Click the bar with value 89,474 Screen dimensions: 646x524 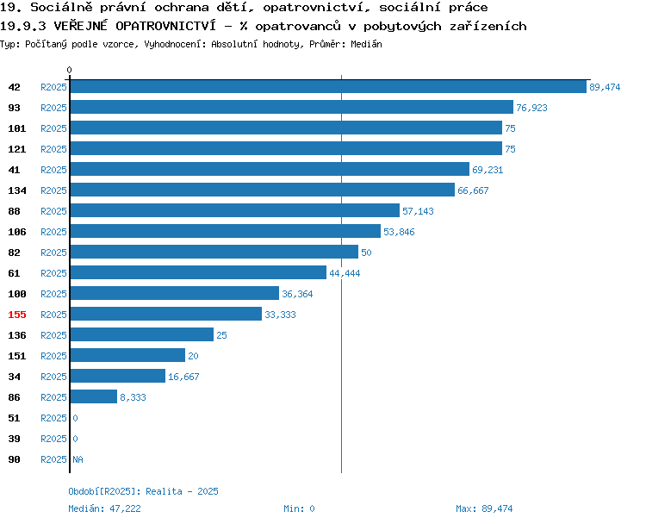pyautogui.click(x=328, y=86)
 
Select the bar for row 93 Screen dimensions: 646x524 pyautogui.click(x=292, y=107)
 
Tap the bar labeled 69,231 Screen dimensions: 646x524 pyautogui.click(x=270, y=169)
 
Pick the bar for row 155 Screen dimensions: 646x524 pyautogui.click(x=166, y=314)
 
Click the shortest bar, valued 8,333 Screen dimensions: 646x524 pyautogui.click(x=94, y=396)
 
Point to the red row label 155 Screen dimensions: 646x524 pyautogui.click(x=17, y=315)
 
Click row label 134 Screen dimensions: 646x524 pyautogui.click(x=17, y=190)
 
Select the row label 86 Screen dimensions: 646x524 pyautogui.click(x=14, y=397)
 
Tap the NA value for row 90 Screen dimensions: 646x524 pyautogui.click(x=78, y=459)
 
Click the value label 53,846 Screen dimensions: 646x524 pyautogui.click(x=399, y=232)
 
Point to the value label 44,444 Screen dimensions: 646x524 pyautogui.click(x=345, y=273)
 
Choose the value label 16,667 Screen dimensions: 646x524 pyautogui.click(x=183, y=377)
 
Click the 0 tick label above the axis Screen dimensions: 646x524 pyautogui.click(x=69, y=70)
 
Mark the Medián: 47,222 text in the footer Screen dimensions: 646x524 pyautogui.click(x=104, y=508)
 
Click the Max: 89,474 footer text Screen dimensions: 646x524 pyautogui.click(x=484, y=508)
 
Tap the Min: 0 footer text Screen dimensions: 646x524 pyautogui.click(x=299, y=508)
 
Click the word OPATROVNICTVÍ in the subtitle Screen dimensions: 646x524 pyautogui.click(x=165, y=26)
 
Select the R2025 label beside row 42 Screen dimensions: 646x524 pyautogui.click(x=53, y=87)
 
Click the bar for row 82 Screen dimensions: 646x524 pyautogui.click(x=214, y=252)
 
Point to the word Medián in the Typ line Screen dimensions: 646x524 pyautogui.click(x=366, y=44)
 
